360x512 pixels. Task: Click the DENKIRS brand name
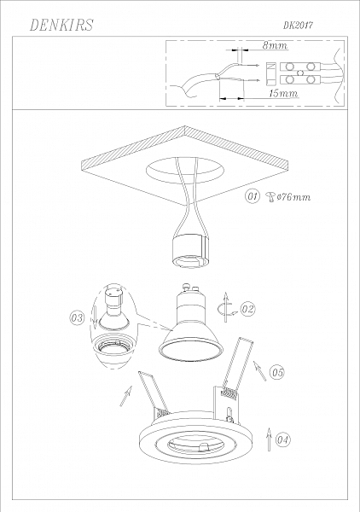point(61,25)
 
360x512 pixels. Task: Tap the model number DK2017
point(298,26)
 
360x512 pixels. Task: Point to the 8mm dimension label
point(276,45)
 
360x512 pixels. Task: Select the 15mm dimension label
point(283,93)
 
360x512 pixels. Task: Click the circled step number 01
point(253,196)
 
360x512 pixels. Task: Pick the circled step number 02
point(247,309)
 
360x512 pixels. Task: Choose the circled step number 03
point(77,317)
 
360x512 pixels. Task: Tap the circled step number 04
point(282,439)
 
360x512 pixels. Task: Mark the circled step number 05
point(277,372)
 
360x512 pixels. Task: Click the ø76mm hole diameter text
point(293,197)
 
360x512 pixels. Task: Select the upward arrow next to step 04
point(269,439)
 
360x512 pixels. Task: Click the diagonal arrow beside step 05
point(260,370)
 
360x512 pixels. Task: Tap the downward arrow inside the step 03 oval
point(95,317)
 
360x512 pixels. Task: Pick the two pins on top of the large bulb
point(191,288)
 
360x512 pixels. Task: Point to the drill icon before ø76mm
point(271,197)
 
